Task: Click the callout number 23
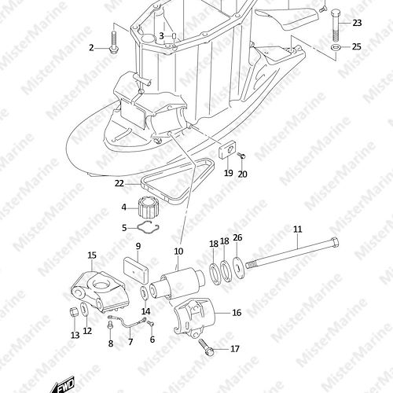pyautogui.click(x=357, y=23)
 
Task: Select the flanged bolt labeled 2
pyautogui.click(x=113, y=42)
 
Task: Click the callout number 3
pyautogui.click(x=161, y=35)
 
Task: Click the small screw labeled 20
pyautogui.click(x=242, y=156)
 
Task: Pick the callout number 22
pyautogui.click(x=119, y=183)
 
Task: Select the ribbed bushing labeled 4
pyautogui.click(x=148, y=208)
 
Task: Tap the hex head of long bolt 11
pyautogui.click(x=335, y=242)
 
